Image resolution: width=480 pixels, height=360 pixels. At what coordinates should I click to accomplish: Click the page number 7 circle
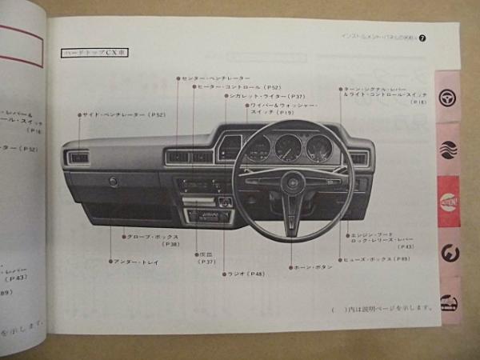pos(422,37)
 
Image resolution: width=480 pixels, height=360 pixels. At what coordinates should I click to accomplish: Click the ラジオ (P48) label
pos(246,274)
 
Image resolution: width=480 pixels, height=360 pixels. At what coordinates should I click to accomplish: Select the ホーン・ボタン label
pos(314,267)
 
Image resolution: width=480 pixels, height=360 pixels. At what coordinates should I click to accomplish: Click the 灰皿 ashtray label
pos(206,258)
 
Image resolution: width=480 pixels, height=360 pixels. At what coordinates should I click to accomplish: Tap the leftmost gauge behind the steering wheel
pos(258,148)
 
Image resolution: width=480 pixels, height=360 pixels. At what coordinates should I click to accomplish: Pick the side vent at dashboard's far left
pos(79,158)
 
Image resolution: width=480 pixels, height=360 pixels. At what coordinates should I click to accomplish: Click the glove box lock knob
pos(114,182)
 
